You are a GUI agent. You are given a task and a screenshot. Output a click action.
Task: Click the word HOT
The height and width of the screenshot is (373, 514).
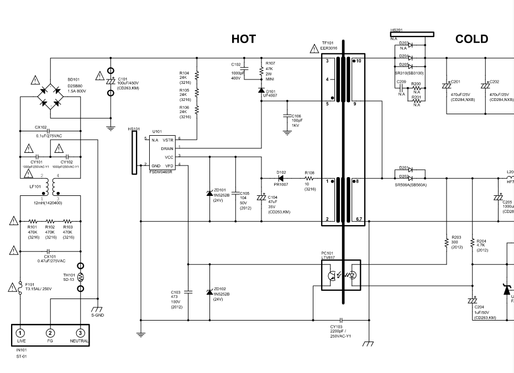click(x=244, y=39)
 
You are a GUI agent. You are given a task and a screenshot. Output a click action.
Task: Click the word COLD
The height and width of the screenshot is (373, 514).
click(x=471, y=39)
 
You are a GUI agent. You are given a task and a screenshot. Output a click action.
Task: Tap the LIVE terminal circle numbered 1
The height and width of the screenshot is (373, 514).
click(x=20, y=333)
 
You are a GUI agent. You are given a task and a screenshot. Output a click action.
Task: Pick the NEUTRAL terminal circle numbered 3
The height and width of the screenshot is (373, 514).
click(x=80, y=333)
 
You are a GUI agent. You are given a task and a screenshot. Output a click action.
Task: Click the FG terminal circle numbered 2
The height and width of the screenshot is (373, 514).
click(x=50, y=333)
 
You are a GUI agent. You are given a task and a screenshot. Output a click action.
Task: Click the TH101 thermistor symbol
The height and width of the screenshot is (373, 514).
click(x=81, y=276)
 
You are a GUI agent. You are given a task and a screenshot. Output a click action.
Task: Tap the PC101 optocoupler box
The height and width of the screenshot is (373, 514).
click(x=340, y=274)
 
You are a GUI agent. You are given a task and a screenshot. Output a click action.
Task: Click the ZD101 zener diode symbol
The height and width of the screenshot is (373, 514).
click(x=209, y=193)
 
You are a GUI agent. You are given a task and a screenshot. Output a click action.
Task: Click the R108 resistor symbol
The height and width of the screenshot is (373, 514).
click(x=310, y=179)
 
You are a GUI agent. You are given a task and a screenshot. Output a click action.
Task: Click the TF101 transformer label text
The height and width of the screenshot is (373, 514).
click(x=328, y=43)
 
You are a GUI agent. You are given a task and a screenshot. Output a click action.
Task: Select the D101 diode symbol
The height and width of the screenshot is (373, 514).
click(x=261, y=90)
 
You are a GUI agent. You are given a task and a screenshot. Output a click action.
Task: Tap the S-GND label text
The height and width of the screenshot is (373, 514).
click(x=97, y=316)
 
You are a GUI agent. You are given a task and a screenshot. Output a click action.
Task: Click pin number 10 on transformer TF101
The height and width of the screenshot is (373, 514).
click(x=358, y=61)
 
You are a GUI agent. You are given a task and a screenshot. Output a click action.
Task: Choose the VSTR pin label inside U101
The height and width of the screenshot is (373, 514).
click(x=167, y=140)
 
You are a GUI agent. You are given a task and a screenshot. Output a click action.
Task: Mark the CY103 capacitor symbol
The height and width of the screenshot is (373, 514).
click(x=342, y=320)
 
